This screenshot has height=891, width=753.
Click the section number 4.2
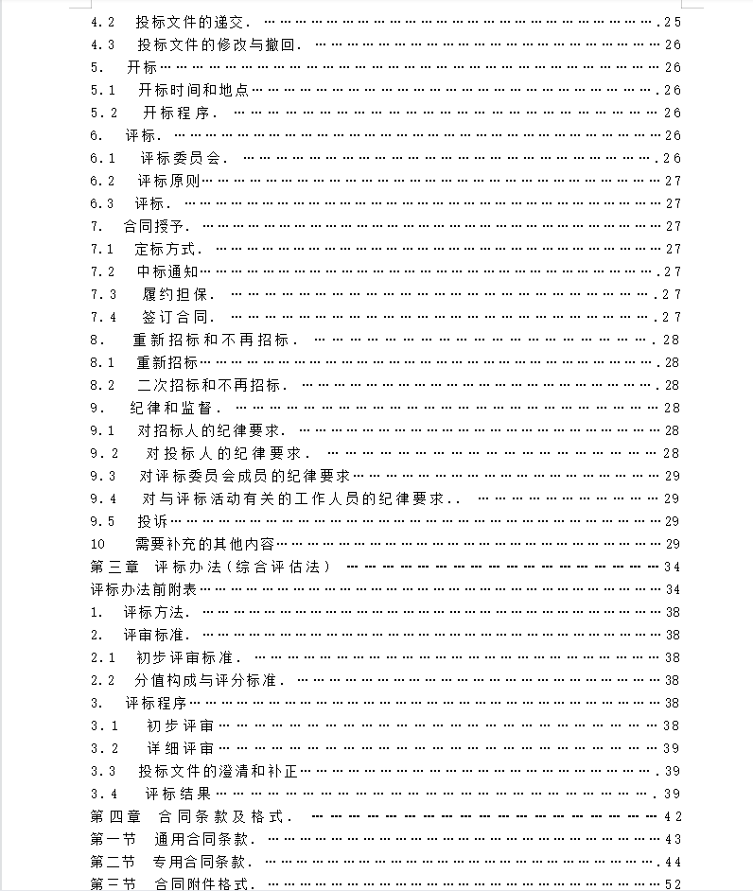click(102, 22)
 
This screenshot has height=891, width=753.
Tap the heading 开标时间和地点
click(193, 90)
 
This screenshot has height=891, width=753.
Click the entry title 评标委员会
click(184, 158)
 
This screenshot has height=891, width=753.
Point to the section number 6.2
click(102, 181)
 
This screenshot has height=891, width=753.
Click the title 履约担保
click(180, 294)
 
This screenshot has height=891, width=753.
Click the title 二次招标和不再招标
click(212, 385)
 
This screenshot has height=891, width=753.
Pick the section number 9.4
click(103, 498)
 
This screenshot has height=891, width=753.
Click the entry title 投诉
click(152, 521)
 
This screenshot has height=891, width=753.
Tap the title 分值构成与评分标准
click(209, 680)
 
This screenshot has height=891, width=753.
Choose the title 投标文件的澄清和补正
click(219, 771)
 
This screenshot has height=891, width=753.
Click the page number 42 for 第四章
click(673, 816)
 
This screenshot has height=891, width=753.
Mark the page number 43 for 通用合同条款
click(673, 839)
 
